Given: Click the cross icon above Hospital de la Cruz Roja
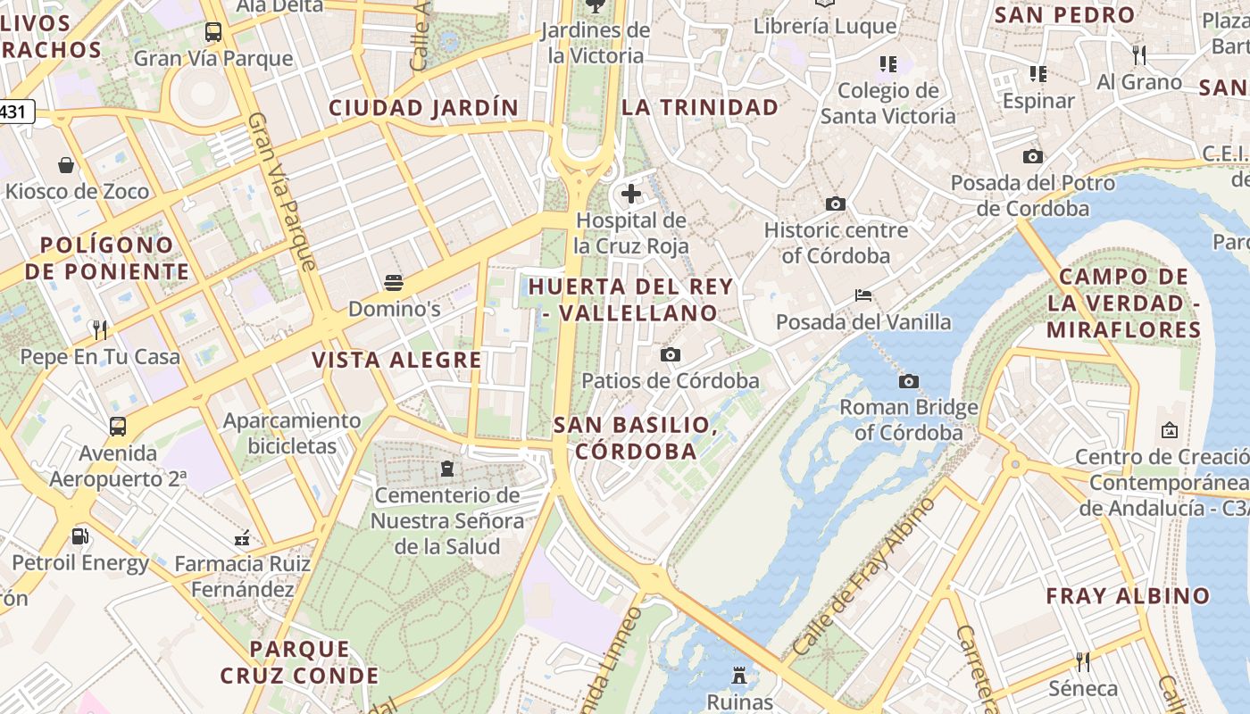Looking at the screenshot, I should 631,193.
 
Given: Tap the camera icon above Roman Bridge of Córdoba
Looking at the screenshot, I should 908,382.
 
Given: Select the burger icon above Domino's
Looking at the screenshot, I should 394,284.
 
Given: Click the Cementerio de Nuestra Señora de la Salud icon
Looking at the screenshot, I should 447,469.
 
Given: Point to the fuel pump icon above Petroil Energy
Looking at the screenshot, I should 79,536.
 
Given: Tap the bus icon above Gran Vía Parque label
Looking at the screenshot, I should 212,33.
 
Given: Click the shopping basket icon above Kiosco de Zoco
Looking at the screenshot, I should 66,165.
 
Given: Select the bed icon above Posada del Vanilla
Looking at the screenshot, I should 862,295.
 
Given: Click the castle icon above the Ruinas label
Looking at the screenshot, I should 739,676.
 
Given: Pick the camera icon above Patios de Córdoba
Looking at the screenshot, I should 670,355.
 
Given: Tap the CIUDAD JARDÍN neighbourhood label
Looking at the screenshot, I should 423,108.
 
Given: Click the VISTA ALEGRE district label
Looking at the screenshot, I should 396,361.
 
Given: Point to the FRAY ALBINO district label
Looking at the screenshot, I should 1128,595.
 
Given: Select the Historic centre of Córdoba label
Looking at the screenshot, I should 836,243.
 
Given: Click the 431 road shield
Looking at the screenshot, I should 15,112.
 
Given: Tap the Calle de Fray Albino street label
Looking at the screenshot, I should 863,576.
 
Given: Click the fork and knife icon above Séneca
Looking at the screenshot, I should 1082,662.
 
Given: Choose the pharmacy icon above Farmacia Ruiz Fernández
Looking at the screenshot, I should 241,538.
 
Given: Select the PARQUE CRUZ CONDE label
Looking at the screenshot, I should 299,662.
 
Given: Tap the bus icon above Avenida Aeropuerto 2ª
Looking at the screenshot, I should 118,427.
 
